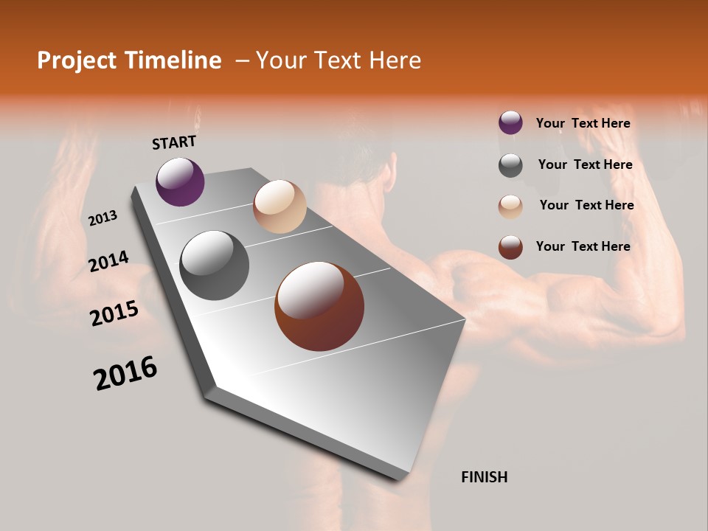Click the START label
pyautogui.click(x=174, y=142)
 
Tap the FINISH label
pyautogui.click(x=484, y=477)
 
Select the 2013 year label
pyautogui.click(x=103, y=218)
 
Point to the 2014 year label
pyautogui.click(x=108, y=261)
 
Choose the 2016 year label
pyautogui.click(x=125, y=373)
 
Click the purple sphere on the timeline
pyautogui.click(x=180, y=181)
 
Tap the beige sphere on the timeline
pyautogui.click(x=280, y=206)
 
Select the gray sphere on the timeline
pyautogui.click(x=214, y=265)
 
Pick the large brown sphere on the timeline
pyautogui.click(x=319, y=306)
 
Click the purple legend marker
pyautogui.click(x=510, y=123)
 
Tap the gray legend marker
pyautogui.click(x=510, y=165)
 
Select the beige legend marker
pyautogui.click(x=510, y=206)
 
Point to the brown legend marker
pyautogui.click(x=510, y=247)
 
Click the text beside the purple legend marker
pyautogui.click(x=583, y=124)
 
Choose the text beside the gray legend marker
pyautogui.click(x=585, y=164)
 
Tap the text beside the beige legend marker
pyautogui.click(x=586, y=205)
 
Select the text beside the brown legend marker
pyautogui.click(x=583, y=246)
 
